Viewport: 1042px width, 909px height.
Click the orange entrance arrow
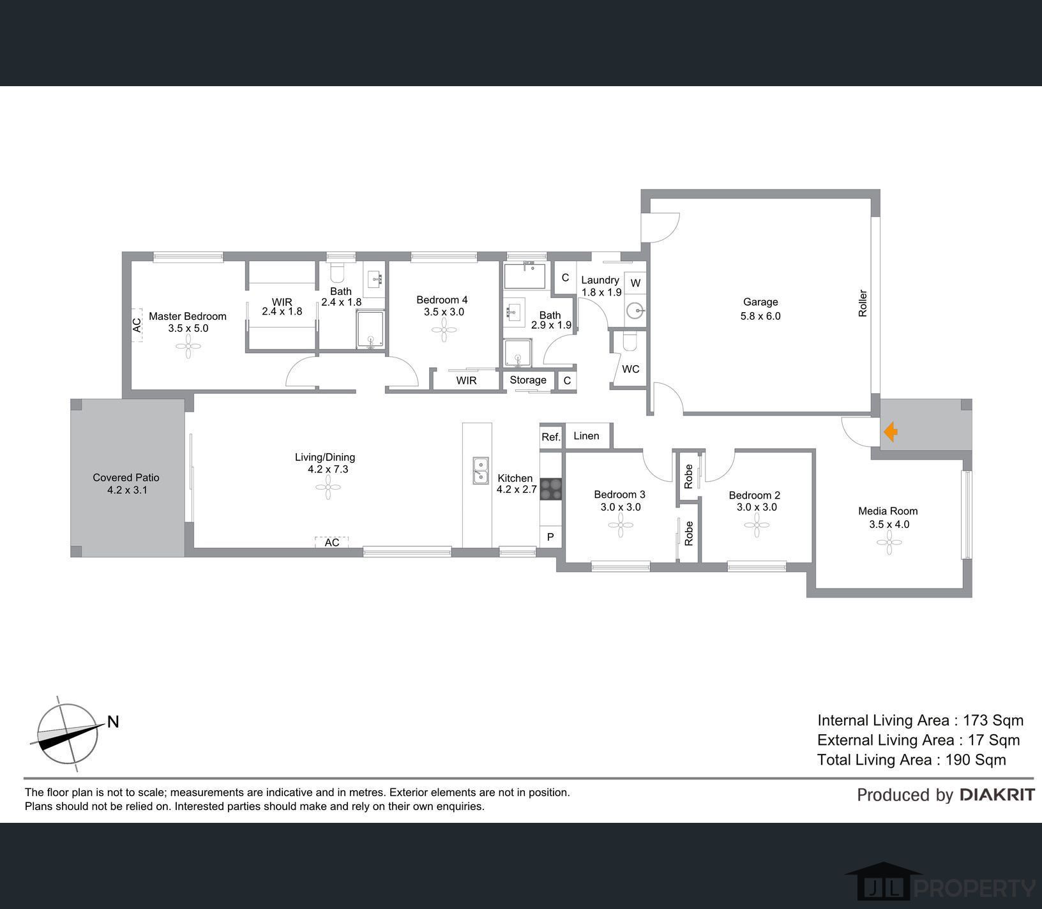[891, 433]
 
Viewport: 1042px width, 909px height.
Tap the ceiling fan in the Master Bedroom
[188, 349]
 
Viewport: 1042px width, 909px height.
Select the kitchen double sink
[480, 470]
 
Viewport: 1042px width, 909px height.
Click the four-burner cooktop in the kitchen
[551, 488]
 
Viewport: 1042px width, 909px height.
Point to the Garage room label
[760, 302]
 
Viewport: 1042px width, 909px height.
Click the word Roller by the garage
[863, 304]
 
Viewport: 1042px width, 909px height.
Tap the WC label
[631, 369]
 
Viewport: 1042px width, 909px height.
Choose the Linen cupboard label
[586, 435]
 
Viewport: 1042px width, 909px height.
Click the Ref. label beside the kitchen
[550, 437]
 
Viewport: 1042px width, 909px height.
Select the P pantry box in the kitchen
[550, 537]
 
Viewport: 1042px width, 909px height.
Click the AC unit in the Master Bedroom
[137, 325]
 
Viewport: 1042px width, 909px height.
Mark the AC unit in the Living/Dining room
[332, 542]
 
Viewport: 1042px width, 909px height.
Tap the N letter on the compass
[113, 722]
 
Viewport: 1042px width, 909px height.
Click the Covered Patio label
[126, 477]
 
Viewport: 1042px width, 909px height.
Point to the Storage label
[528, 380]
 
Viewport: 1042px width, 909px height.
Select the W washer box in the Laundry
[635, 283]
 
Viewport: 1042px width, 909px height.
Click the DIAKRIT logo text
[997, 795]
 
